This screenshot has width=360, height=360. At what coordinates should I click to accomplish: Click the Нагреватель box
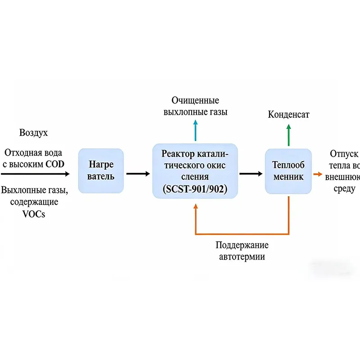[101, 171]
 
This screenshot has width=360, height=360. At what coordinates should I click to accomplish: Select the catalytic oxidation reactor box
[195, 171]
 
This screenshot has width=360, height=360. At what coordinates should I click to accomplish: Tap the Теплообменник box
[288, 171]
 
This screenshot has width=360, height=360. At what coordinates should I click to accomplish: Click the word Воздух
[33, 133]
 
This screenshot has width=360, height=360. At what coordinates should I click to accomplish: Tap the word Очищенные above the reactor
[195, 100]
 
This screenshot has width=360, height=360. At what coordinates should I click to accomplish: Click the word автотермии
[242, 257]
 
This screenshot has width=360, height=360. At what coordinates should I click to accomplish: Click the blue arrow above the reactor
[195, 130]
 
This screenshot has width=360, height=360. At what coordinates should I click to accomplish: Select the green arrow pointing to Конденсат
[288, 134]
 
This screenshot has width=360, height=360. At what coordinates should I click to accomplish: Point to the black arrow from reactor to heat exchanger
[251, 173]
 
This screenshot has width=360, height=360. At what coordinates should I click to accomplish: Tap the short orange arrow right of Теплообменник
[318, 173]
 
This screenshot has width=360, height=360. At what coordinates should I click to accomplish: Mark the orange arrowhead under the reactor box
[195, 207]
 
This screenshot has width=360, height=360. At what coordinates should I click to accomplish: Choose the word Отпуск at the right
[345, 153]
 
